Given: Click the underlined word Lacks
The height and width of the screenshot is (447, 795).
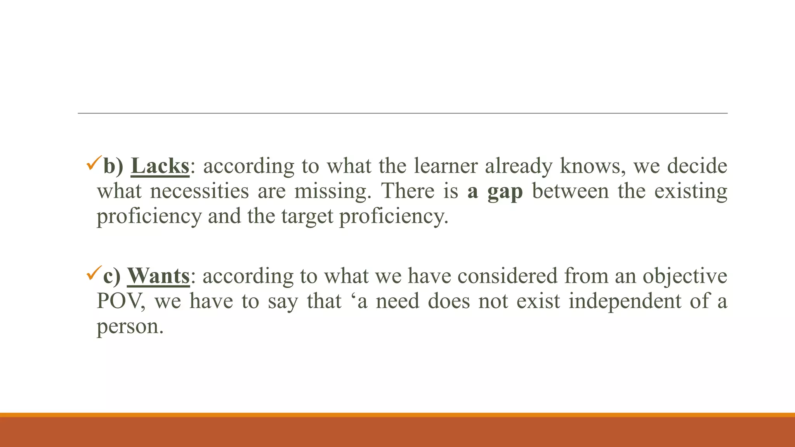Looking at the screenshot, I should pyautogui.click(x=160, y=166).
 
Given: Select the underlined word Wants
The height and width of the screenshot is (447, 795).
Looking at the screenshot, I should pyautogui.click(x=158, y=276).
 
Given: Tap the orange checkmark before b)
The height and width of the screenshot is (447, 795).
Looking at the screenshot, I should pyautogui.click(x=94, y=163).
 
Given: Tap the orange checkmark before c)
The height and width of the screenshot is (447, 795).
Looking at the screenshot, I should pyautogui.click(x=94, y=273).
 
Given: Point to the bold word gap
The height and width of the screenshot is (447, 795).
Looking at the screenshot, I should pyautogui.click(x=505, y=192).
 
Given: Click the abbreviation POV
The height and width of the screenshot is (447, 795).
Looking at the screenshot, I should pyautogui.click(x=120, y=301).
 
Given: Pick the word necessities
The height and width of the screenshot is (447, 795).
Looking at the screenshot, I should pyautogui.click(x=200, y=191).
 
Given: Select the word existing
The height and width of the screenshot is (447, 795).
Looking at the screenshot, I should pyautogui.click(x=691, y=191).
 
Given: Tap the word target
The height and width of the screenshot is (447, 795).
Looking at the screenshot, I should pyautogui.click(x=307, y=217).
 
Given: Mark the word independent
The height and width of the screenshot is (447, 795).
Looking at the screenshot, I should pyautogui.click(x=625, y=301).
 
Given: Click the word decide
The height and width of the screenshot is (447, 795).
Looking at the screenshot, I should pyautogui.click(x=697, y=166).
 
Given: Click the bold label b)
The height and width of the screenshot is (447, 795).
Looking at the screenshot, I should pyautogui.click(x=113, y=166).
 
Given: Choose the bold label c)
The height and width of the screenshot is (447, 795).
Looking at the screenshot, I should pyautogui.click(x=112, y=276).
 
